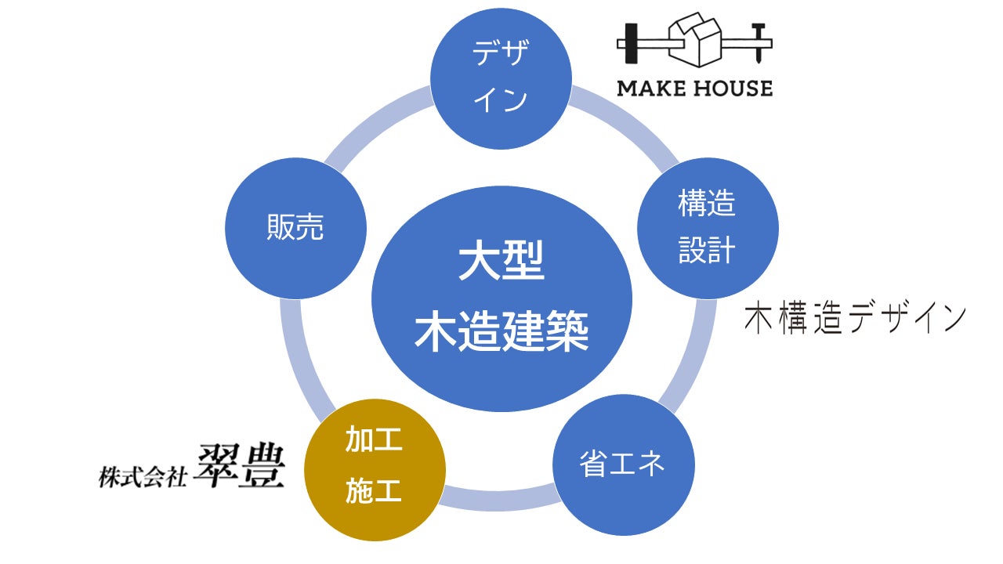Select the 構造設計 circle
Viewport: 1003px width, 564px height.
707,228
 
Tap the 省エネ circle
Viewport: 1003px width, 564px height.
623,464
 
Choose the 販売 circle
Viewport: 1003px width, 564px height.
295,228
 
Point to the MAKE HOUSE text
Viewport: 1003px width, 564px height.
694,88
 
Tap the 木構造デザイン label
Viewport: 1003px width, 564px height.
854,320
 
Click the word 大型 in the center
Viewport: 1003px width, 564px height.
501,265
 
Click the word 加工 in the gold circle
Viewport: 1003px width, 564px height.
374,440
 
